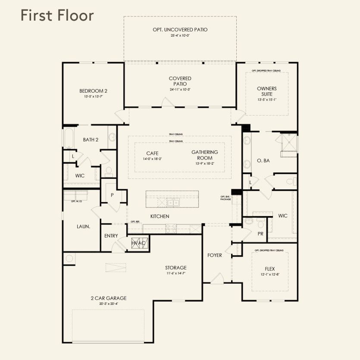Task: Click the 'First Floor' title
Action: (x=56, y=16)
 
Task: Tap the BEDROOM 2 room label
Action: (x=93, y=91)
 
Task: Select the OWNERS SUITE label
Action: (x=266, y=91)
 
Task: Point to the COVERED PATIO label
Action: (x=180, y=81)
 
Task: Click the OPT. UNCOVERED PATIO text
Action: (x=180, y=30)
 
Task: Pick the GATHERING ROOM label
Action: (x=204, y=155)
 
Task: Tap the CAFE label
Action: (x=152, y=153)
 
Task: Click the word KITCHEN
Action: (x=160, y=216)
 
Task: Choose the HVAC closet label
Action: (x=139, y=244)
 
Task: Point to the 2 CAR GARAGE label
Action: (x=108, y=298)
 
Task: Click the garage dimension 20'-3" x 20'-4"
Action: (x=108, y=304)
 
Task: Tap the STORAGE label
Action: (x=175, y=267)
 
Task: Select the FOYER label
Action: (x=215, y=255)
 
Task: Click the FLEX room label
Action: (x=270, y=269)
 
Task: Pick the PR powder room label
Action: (x=260, y=233)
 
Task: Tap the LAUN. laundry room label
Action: (x=83, y=226)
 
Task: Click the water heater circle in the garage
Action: (x=69, y=258)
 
